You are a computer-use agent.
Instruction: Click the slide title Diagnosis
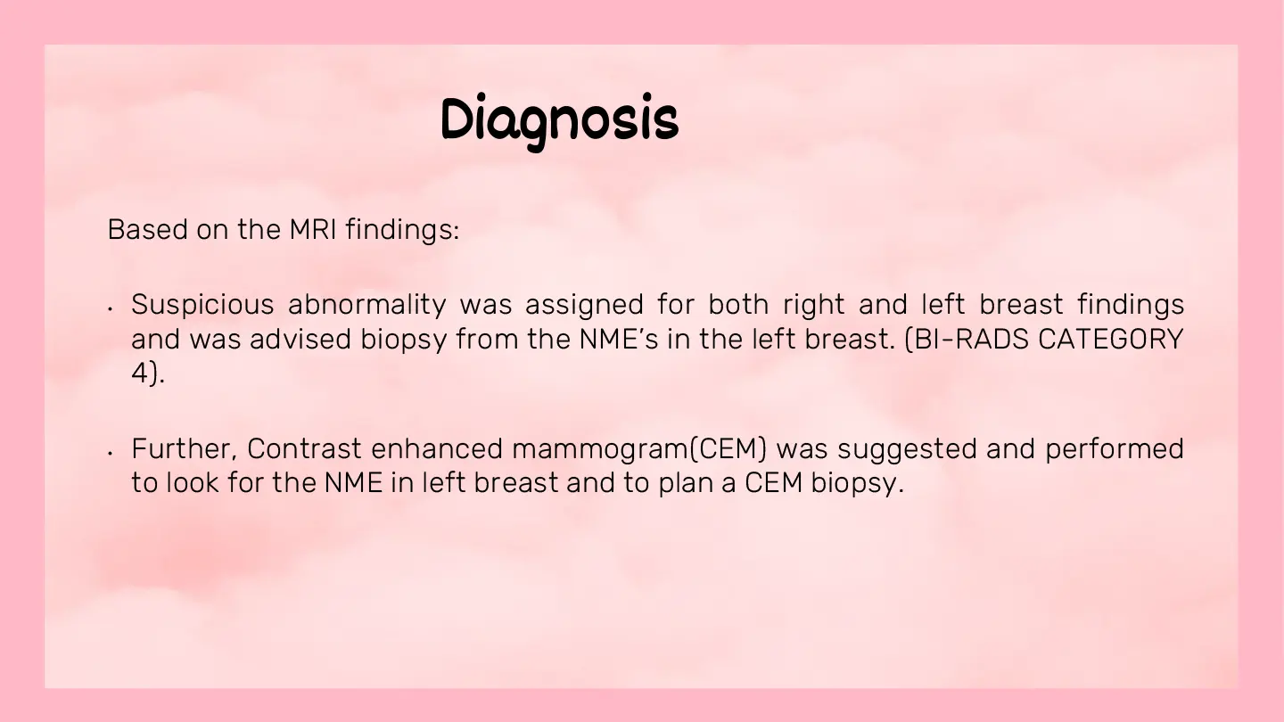pos(559,121)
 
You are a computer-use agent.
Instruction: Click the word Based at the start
pos(147,229)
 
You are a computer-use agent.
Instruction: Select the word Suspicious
pos(202,304)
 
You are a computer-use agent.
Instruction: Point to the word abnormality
pos(366,304)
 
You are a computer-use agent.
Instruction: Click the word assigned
pos(584,304)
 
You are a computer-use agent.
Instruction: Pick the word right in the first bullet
pos(813,304)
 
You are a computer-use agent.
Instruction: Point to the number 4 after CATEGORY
pos(140,373)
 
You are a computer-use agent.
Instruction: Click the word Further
pos(185,448)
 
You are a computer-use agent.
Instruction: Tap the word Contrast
pos(304,448)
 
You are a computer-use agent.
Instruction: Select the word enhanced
pos(437,448)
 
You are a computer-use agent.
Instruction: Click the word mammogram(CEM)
pos(639,449)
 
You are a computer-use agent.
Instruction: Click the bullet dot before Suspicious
pos(110,308)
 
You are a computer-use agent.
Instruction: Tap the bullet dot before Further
pos(110,453)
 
